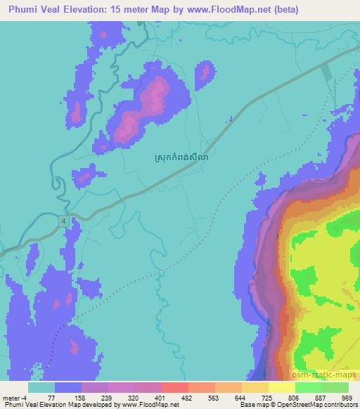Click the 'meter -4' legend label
click(x=18, y=397)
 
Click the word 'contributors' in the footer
click(x=342, y=405)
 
